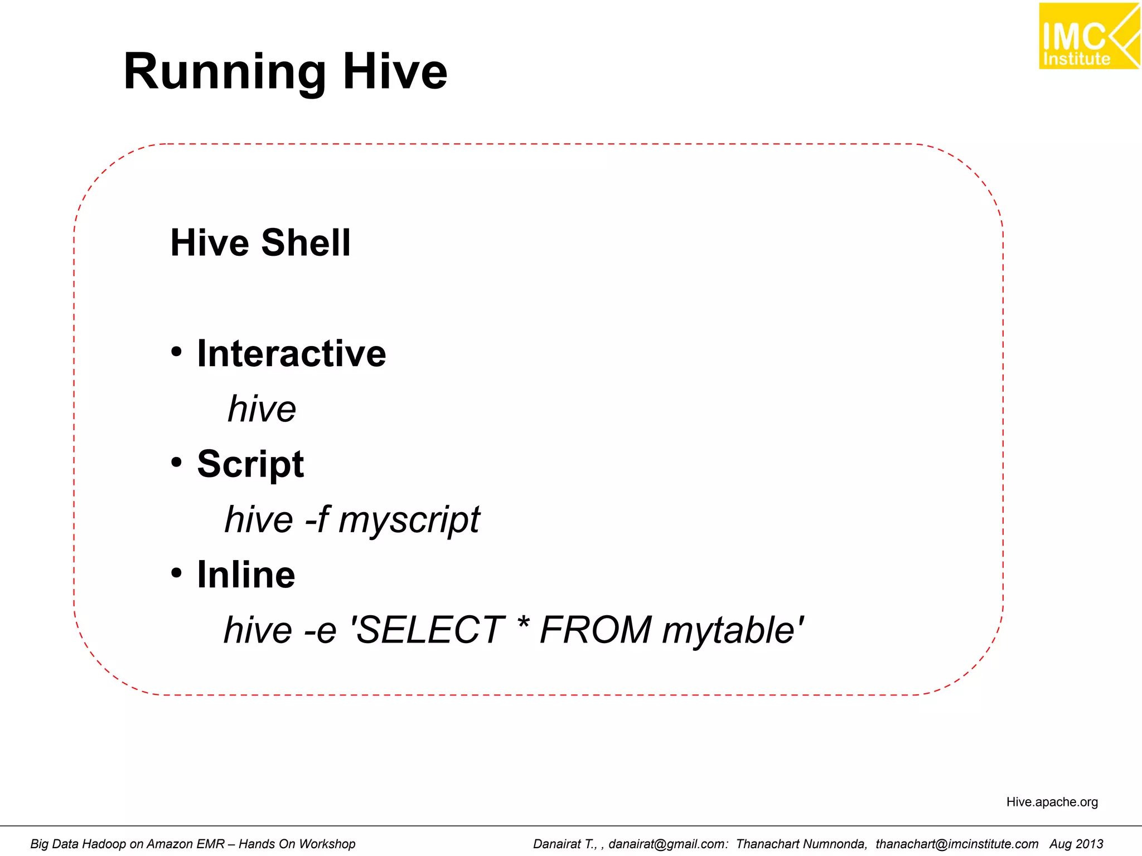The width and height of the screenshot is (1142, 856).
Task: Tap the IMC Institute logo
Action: pyautogui.click(x=1088, y=36)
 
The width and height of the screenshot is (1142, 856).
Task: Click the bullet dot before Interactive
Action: pyautogui.click(x=177, y=352)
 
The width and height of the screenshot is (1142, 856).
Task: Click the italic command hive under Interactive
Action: pyautogui.click(x=262, y=409)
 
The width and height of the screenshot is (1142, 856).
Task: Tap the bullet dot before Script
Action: pyautogui.click(x=177, y=463)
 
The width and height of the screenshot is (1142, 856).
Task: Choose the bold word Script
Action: pyautogui.click(x=250, y=465)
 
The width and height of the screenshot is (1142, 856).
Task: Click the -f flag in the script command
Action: pyautogui.click(x=316, y=519)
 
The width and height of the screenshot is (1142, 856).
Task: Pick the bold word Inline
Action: pyautogui.click(x=246, y=575)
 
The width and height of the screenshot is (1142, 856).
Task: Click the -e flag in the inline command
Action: pyautogui.click(x=320, y=630)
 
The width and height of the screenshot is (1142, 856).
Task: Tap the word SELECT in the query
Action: pyautogui.click(x=429, y=630)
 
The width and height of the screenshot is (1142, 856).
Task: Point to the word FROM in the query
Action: pyautogui.click(x=596, y=630)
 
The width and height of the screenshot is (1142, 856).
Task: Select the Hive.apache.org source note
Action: pyautogui.click(x=1052, y=802)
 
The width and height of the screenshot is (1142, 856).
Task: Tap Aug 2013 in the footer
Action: pyautogui.click(x=1076, y=844)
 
